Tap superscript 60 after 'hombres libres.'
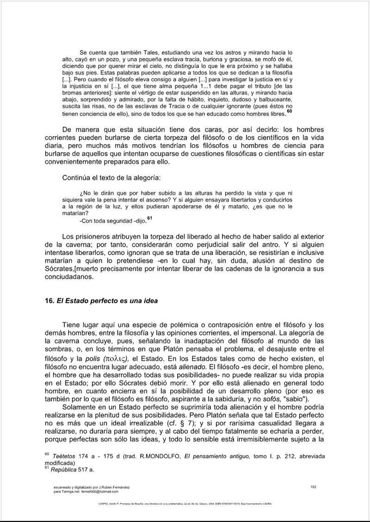coord(290,112)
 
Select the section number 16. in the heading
coord(49,301)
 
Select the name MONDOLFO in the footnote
coord(161,457)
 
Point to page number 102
coord(313,486)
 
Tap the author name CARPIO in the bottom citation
coord(105,505)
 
